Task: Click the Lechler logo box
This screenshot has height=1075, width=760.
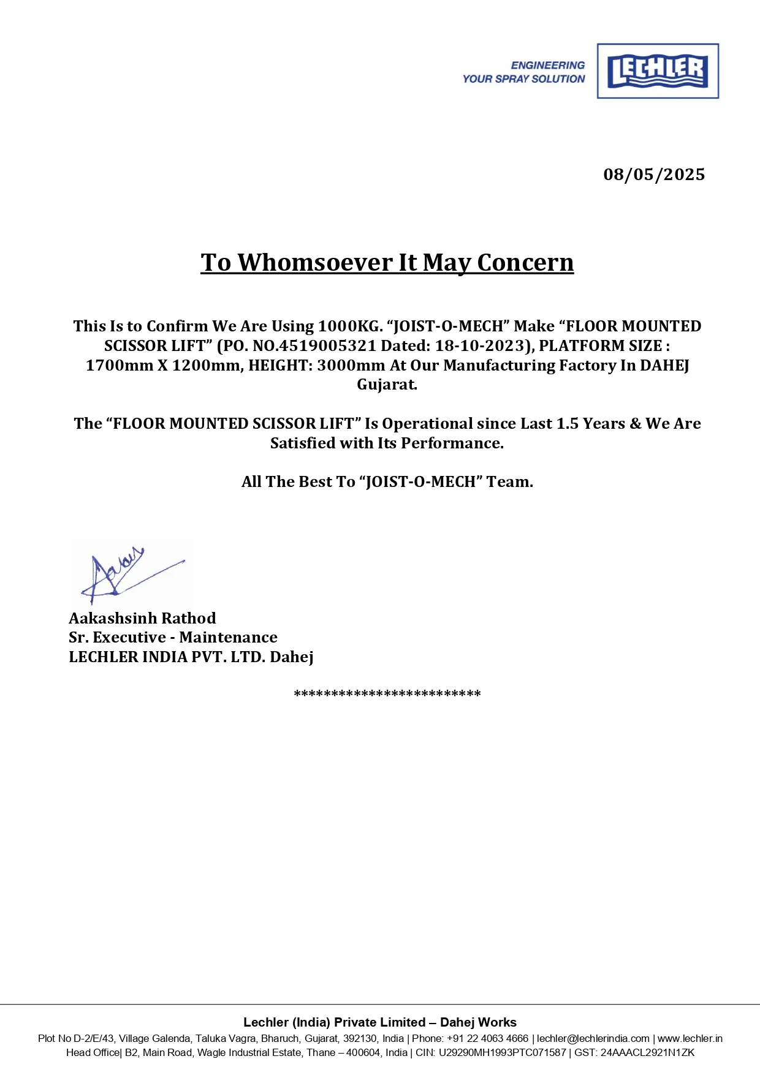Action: [x=658, y=71]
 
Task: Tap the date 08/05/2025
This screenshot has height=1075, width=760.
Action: [x=654, y=175]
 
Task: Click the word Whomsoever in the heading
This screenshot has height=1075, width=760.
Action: [x=315, y=263]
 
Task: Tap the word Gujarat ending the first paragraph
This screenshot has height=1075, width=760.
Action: [x=387, y=385]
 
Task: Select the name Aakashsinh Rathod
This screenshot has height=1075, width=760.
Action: [x=142, y=618]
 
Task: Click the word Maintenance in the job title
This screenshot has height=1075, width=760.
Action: [x=228, y=638]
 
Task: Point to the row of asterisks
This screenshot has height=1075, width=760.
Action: [x=387, y=695]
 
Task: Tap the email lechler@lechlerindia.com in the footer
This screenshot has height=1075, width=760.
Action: [x=593, y=1038]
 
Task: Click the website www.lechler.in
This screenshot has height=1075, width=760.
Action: [x=690, y=1038]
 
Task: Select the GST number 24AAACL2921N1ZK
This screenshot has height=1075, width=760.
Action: [x=647, y=1052]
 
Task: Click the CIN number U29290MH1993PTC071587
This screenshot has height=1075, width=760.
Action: [x=502, y=1052]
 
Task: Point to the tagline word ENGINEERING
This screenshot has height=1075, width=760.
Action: [x=548, y=66]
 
